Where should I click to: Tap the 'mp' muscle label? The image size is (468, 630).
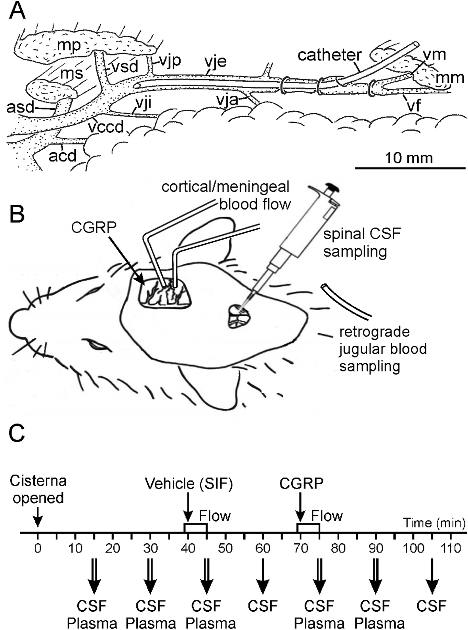[x=68, y=46]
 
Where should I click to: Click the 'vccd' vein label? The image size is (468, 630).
[x=106, y=127]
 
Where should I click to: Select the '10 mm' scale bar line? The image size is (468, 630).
[x=410, y=168]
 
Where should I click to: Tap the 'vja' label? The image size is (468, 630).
[x=227, y=99]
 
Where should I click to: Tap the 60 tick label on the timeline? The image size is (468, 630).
[x=263, y=548]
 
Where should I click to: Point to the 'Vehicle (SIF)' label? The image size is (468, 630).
[x=188, y=483]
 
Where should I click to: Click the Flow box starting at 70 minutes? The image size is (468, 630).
[x=308, y=528]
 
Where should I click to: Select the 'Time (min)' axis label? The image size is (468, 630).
[x=434, y=523]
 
